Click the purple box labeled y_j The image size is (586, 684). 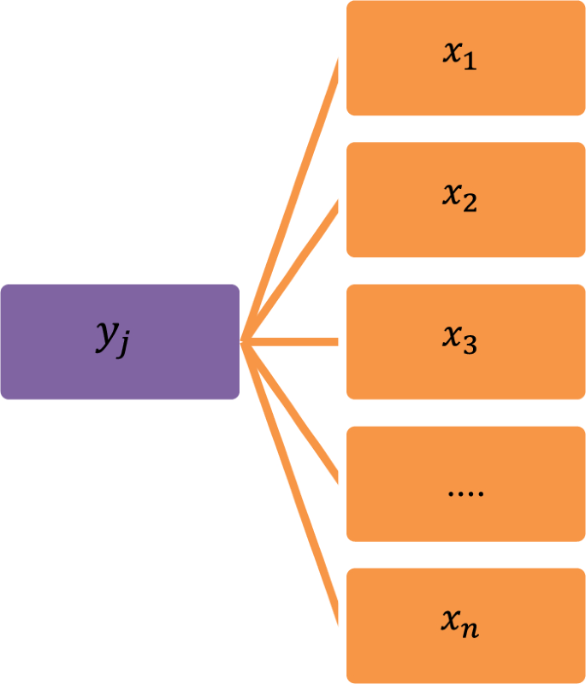(120, 342)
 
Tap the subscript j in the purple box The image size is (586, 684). (126, 350)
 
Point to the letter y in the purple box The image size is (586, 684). (106, 339)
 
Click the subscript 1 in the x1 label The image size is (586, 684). (469, 63)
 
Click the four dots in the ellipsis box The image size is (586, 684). (465, 493)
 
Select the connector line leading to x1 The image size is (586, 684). (291, 201)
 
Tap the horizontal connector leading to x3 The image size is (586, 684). (291, 342)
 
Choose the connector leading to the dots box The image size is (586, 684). (291, 410)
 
